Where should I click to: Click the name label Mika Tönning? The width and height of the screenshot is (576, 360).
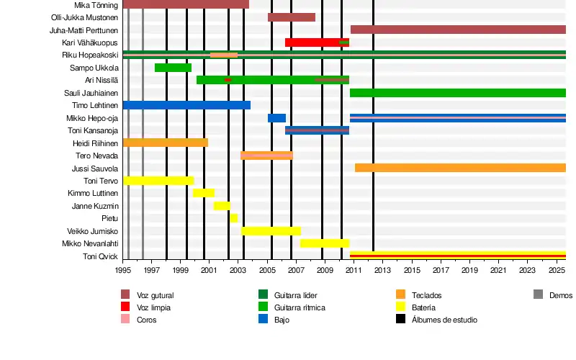[x=96, y=5]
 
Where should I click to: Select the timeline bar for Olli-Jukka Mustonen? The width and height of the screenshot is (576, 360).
[x=291, y=17]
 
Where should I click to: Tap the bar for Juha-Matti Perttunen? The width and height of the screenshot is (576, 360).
[x=457, y=30]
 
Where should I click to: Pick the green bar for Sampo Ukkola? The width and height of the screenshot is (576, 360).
[x=173, y=68]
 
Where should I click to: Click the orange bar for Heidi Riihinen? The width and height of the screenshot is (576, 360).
[x=166, y=143]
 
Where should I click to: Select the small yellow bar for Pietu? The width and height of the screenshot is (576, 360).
[x=234, y=218]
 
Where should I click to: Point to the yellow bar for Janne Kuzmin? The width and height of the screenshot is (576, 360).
[x=222, y=206]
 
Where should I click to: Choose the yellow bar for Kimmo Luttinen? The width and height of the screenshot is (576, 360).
[x=204, y=193]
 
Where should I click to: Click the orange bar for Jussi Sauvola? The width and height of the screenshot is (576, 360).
[x=460, y=168]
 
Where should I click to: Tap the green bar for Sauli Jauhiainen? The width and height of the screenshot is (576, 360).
[x=457, y=93]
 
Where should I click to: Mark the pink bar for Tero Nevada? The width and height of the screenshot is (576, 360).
[x=266, y=156]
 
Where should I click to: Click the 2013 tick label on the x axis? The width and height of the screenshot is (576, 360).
[x=382, y=271]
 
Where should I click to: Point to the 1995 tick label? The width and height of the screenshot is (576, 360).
[x=123, y=271]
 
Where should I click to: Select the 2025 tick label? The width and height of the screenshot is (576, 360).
[x=557, y=271]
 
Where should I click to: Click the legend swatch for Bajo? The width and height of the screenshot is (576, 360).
[x=263, y=319]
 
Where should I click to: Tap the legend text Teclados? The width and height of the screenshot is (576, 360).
[x=427, y=295]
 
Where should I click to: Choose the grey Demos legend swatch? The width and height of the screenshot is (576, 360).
[x=539, y=294]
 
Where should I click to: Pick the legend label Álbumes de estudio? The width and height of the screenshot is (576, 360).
[x=444, y=320]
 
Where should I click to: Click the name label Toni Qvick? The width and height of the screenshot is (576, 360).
[x=100, y=256]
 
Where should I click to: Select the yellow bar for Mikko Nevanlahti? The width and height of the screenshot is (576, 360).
[x=325, y=243]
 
